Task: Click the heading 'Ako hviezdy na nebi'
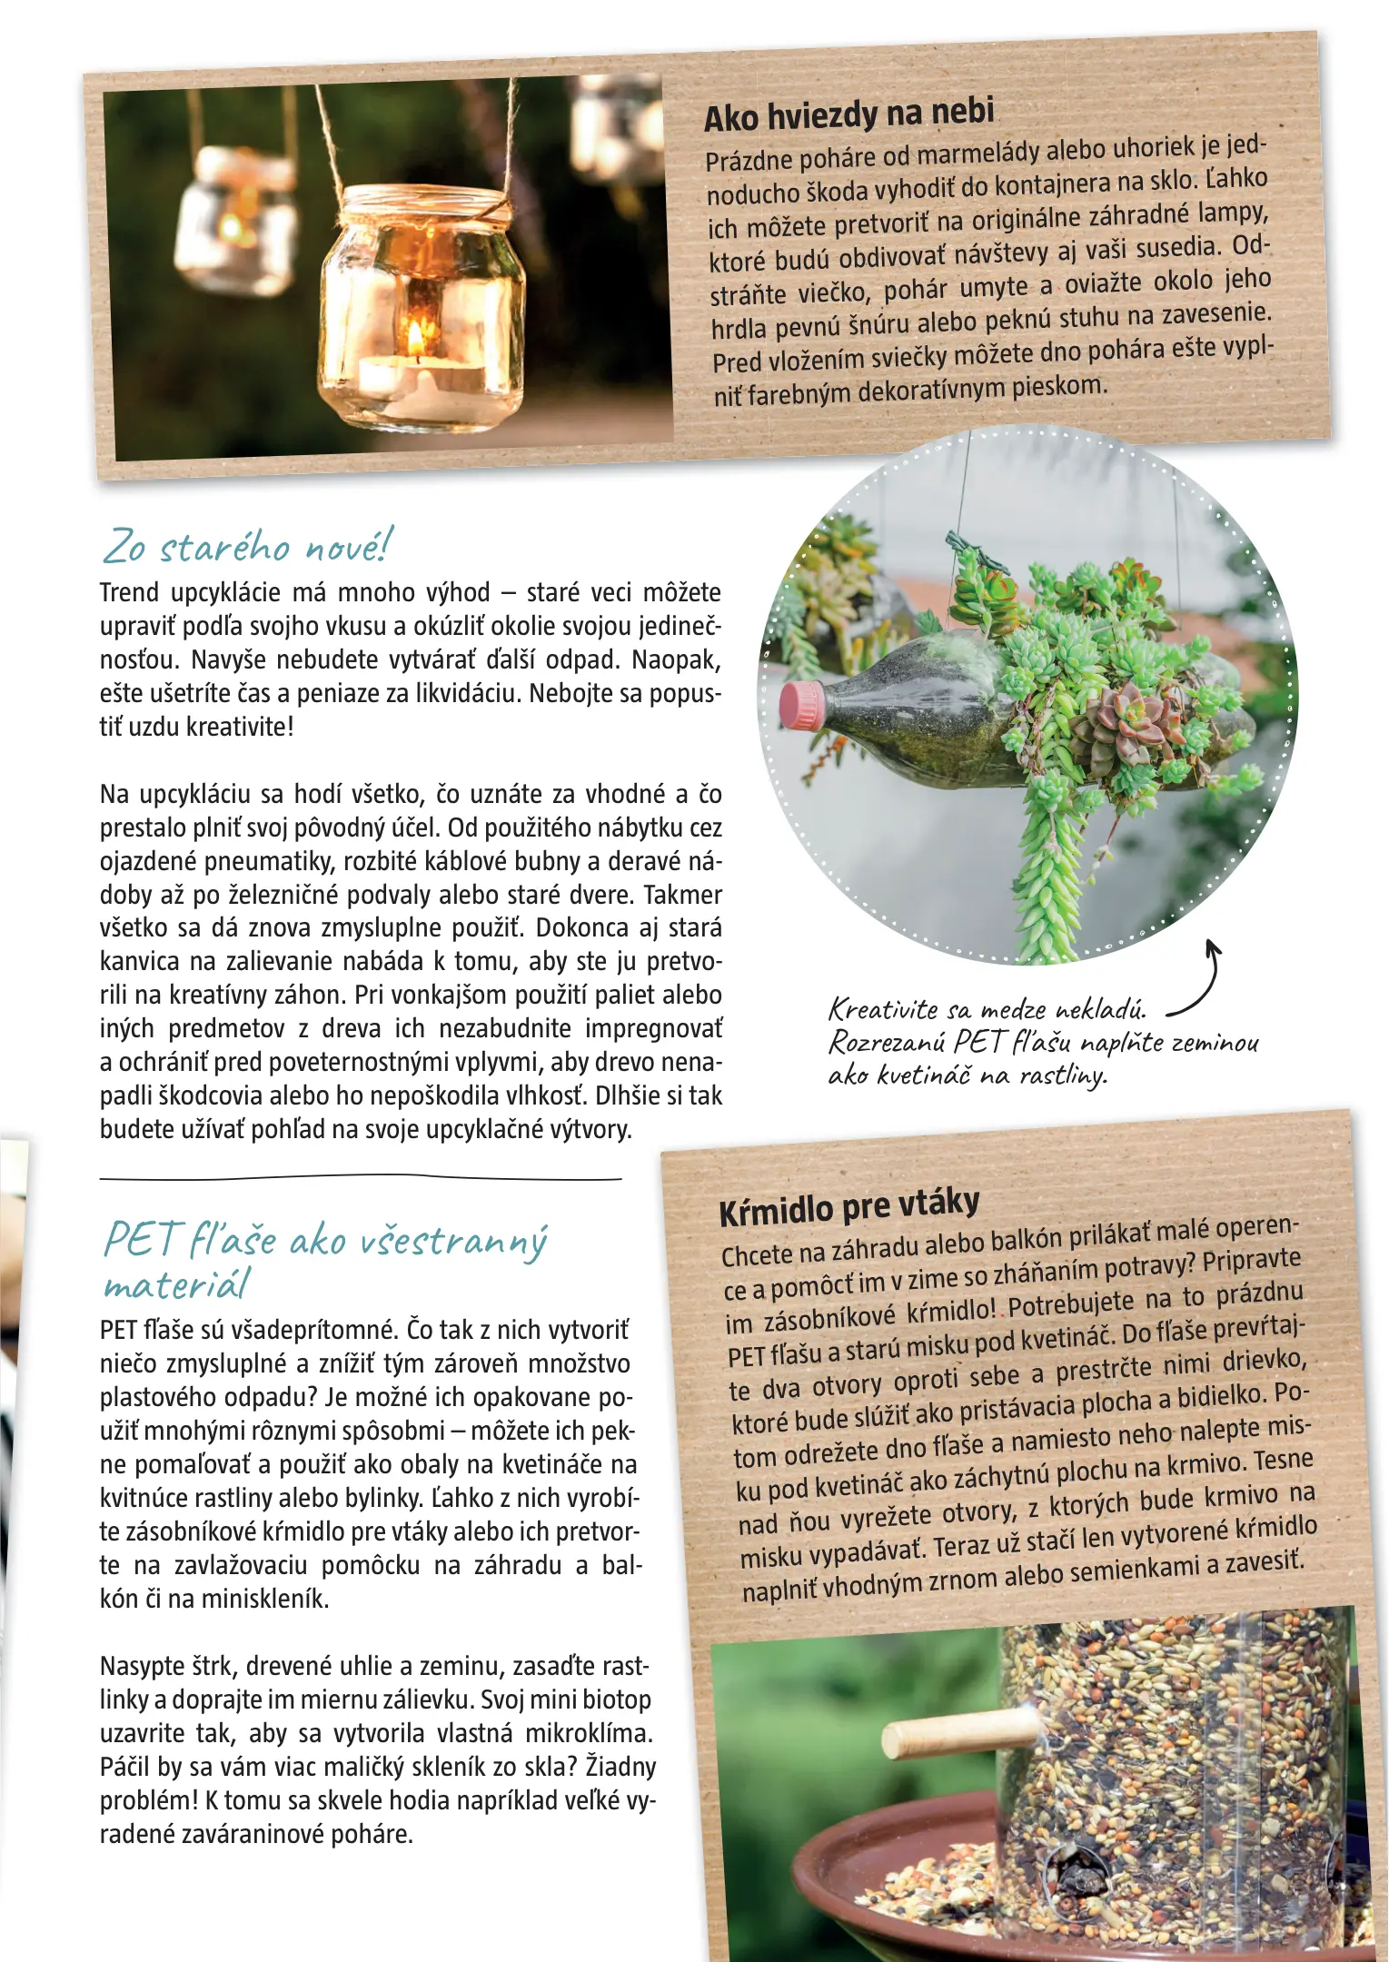coord(848,114)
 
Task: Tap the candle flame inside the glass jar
coord(415,339)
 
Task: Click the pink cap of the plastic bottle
coord(800,706)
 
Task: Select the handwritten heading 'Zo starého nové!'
coord(247,546)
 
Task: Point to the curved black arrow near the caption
coord(1197,981)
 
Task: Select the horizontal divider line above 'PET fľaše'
coord(360,1179)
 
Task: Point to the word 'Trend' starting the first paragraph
coord(129,593)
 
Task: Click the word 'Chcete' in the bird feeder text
coord(757,1255)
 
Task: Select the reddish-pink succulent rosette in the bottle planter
coord(1126,718)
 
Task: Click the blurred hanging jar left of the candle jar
coord(234,223)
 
